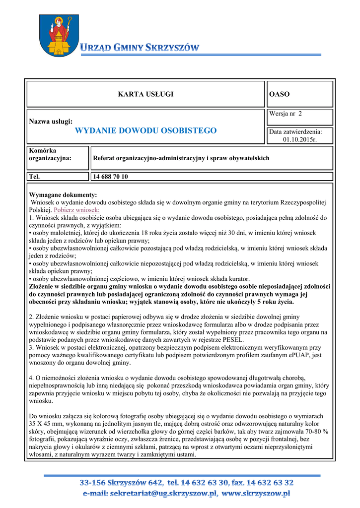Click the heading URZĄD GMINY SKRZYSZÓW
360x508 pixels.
pyautogui.click(x=140, y=48)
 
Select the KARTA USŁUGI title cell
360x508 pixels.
pyautogui.click(x=145, y=94)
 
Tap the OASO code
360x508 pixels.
pyautogui.click(x=279, y=94)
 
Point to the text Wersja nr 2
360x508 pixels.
pyautogui.click(x=286, y=114)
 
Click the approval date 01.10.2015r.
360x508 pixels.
pyautogui.click(x=300, y=139)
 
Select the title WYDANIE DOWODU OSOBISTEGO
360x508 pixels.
pyautogui.click(x=145, y=130)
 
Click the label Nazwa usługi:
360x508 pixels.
pyautogui.click(x=51, y=121)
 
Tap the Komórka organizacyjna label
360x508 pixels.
pyautogui.click(x=50, y=154)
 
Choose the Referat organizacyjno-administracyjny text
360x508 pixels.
pyautogui.click(x=181, y=158)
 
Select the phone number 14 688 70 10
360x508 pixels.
pyautogui.click(x=111, y=176)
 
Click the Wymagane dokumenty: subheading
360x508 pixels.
pyautogui.click(x=63, y=195)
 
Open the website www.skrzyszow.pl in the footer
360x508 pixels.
pyautogui.click(x=256, y=494)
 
